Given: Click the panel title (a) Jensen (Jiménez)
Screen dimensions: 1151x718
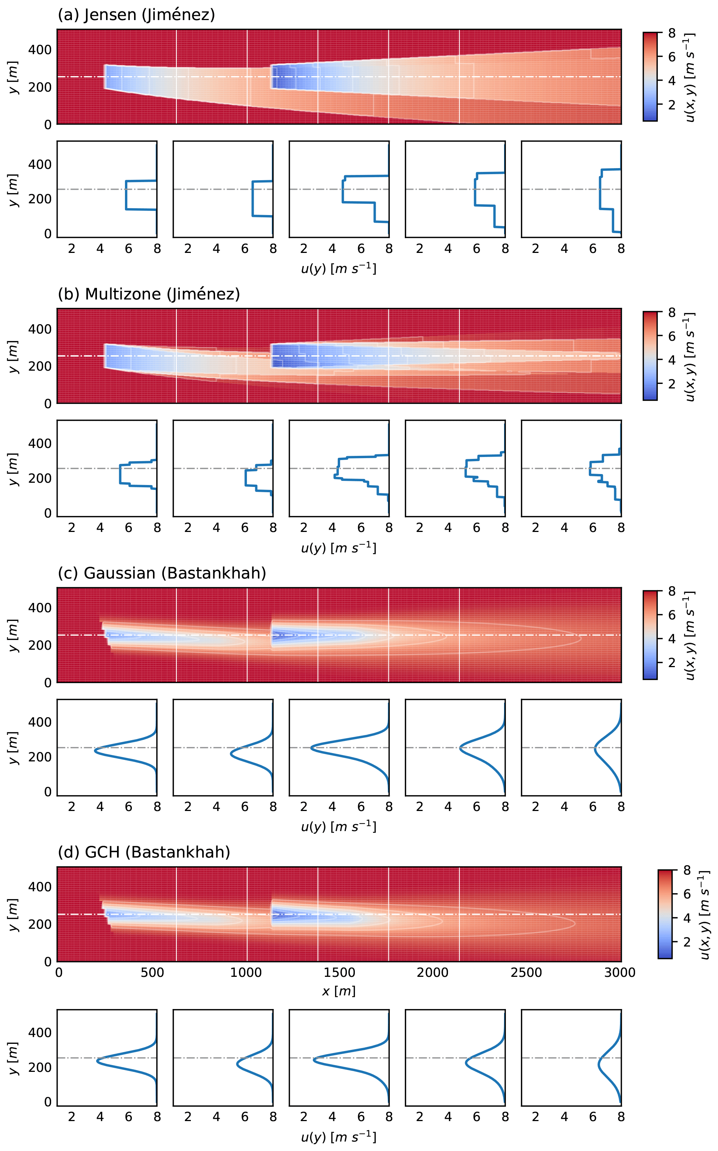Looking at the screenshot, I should (136, 15).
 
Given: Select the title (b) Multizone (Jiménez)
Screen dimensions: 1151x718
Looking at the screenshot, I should (148, 294).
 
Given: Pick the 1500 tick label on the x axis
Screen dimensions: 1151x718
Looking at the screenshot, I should (339, 973).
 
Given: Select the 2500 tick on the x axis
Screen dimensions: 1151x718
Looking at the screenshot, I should (526, 973).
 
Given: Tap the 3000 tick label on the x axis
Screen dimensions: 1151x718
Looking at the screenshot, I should (619, 973).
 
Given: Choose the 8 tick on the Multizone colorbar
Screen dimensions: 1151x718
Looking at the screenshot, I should (671, 313).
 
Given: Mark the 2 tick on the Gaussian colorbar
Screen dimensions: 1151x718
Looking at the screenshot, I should (671, 663).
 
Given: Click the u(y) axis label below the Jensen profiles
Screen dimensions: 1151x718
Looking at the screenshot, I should (339, 269).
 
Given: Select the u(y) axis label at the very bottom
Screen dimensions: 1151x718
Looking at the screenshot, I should (339, 1137).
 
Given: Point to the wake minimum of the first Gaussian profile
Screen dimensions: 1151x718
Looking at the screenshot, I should (95, 751).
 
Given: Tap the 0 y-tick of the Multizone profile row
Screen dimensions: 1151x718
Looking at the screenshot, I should (47, 513).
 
